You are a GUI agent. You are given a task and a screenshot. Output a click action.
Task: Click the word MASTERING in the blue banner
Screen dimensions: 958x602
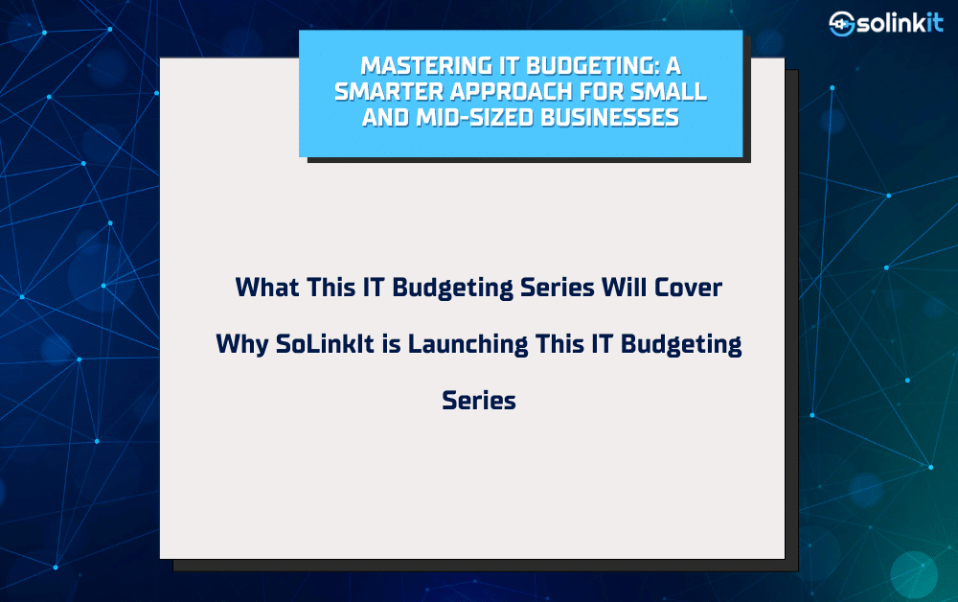(426, 66)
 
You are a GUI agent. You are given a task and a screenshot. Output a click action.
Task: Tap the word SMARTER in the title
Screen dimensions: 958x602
(389, 92)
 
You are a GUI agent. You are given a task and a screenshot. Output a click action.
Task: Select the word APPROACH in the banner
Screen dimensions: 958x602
(512, 92)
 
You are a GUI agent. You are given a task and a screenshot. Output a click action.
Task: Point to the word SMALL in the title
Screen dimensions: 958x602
(669, 92)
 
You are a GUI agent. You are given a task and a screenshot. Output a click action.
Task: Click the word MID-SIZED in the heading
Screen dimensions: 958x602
(475, 117)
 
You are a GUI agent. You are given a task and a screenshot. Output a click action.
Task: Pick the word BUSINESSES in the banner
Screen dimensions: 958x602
(609, 117)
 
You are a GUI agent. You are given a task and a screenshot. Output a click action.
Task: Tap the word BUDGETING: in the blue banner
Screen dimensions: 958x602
(593, 66)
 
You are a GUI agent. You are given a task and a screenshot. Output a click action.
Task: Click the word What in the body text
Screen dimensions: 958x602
(267, 288)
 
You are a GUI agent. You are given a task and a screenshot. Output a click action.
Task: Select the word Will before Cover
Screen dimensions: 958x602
(624, 288)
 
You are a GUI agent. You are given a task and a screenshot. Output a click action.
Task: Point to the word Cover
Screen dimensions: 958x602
(688, 288)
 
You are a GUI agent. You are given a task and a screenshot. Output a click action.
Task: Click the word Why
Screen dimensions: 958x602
(242, 344)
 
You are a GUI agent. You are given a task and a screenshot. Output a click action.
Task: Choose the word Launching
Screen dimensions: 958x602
(468, 344)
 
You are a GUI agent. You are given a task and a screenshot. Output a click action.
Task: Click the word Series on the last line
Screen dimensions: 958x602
(479, 401)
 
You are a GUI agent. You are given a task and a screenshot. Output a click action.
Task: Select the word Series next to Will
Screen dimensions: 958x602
(558, 288)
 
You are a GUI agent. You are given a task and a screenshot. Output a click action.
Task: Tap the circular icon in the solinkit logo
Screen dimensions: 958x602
(841, 24)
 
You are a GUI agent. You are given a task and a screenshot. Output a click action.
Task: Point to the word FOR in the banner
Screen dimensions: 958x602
(602, 92)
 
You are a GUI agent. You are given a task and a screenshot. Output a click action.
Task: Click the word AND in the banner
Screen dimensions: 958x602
(385, 117)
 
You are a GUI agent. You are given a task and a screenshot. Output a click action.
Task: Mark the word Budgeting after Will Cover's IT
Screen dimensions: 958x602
(453, 288)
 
